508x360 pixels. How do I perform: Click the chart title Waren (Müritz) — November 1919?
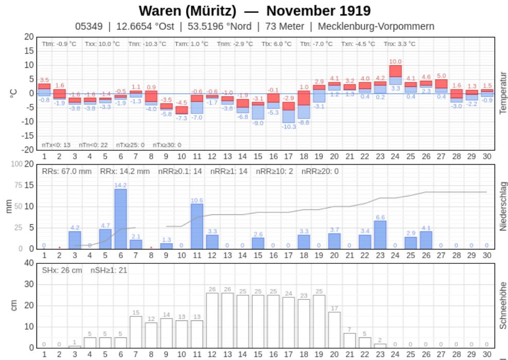pos(255,11)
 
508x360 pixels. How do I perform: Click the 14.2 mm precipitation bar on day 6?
pos(120,219)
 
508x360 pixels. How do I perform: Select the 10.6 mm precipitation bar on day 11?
pos(197,226)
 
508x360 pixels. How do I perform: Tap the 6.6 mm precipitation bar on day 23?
pos(380,235)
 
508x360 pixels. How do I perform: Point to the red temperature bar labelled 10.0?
pos(395,71)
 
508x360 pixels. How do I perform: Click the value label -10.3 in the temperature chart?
pos(288,127)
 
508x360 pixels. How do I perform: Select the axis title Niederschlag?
pos(503,206)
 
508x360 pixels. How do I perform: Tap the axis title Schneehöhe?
pos(503,305)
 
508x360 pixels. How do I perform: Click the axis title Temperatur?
pos(503,93)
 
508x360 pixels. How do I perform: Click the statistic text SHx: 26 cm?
pos(62,270)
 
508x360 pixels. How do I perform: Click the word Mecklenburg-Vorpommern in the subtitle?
pos(376,26)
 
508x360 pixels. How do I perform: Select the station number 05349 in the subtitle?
pos(88,26)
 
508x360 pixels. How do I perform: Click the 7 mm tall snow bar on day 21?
pos(350,340)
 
